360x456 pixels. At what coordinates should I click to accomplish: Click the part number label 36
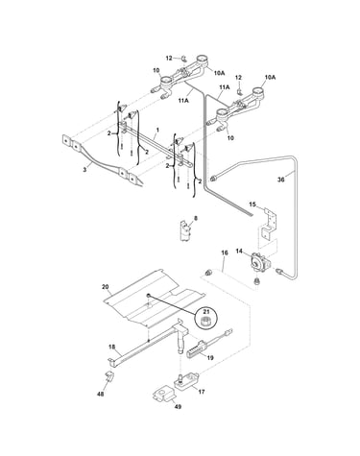tap(280, 180)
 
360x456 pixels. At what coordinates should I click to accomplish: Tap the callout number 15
tap(252, 204)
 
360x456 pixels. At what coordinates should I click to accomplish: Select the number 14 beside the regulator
tap(239, 252)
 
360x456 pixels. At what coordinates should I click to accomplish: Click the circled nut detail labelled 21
tap(206, 318)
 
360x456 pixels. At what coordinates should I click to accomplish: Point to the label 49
tap(179, 406)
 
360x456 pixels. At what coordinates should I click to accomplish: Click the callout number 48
tap(101, 395)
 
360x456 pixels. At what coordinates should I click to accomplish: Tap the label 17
tap(202, 392)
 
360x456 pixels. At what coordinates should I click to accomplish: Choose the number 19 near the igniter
tap(210, 358)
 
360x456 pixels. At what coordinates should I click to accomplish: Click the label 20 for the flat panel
tap(106, 287)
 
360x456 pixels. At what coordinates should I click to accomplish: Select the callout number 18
tap(111, 347)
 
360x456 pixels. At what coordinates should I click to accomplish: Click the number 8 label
tap(196, 218)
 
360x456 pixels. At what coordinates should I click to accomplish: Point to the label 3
tap(84, 170)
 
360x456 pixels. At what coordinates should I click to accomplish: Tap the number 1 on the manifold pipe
tap(157, 130)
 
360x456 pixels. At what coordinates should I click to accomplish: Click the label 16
tap(225, 252)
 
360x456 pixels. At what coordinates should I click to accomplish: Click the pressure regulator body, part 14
tap(260, 262)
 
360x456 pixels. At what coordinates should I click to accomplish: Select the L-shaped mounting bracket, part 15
tap(268, 223)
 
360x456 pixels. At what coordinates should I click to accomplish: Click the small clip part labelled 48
tap(109, 376)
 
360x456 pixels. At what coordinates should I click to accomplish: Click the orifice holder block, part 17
tap(186, 380)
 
